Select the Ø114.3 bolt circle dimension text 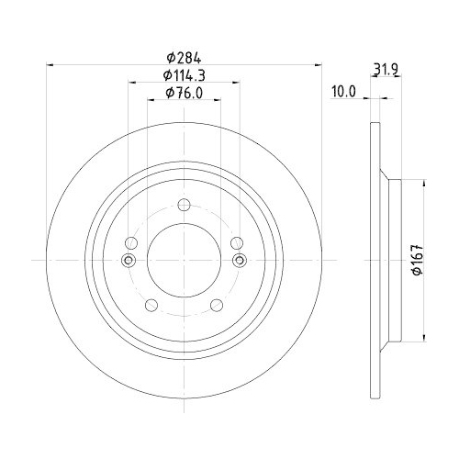pyautogui.click(x=184, y=74)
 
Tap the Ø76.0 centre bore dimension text pyautogui.click(x=184, y=92)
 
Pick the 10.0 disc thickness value pyautogui.click(x=342, y=92)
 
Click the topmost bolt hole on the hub pyautogui.click(x=184, y=205)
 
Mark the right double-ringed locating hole pyautogui.click(x=239, y=261)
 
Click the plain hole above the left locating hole pyautogui.click(x=130, y=243)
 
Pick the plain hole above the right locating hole pyautogui.click(x=237, y=243)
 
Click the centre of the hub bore pyautogui.click(x=184, y=261)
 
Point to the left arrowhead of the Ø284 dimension pyautogui.click(x=50, y=64)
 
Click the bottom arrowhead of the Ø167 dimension pyautogui.click(x=423, y=337)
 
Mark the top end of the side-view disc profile pyautogui.click(x=374, y=125)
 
